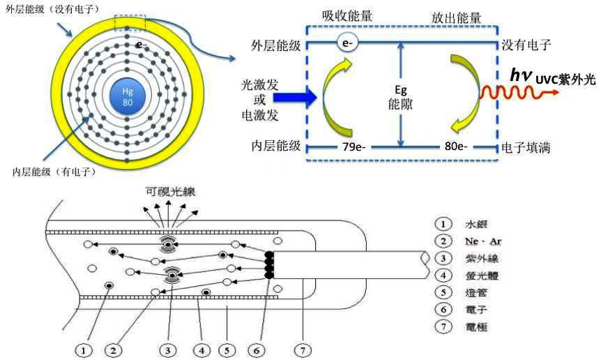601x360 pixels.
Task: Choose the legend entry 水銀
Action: (477, 225)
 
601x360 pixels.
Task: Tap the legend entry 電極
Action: (477, 327)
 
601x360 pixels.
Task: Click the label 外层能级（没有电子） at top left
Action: (52, 8)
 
